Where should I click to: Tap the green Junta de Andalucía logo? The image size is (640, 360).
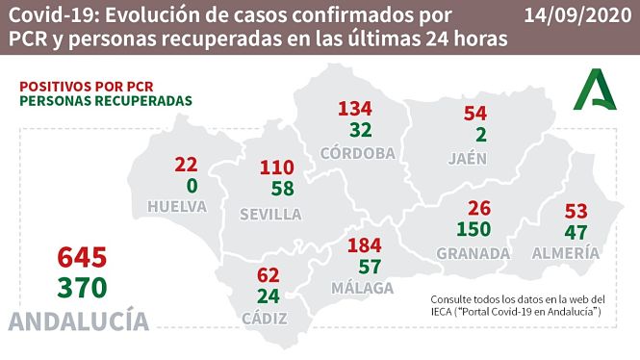coord(600,92)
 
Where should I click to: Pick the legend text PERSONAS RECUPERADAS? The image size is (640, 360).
coord(105,101)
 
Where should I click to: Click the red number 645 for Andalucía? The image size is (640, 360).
coord(81,257)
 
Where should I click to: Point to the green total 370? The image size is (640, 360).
coord(81,287)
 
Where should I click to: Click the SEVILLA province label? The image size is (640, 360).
coord(270,214)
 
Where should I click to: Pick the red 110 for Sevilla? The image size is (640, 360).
coord(277,168)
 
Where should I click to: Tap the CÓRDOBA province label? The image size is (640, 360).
coord(356,152)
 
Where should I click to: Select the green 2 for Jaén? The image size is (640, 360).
coord(475,136)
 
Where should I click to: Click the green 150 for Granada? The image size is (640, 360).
coord(474,229)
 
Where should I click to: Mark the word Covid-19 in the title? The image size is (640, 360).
coord(48,15)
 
